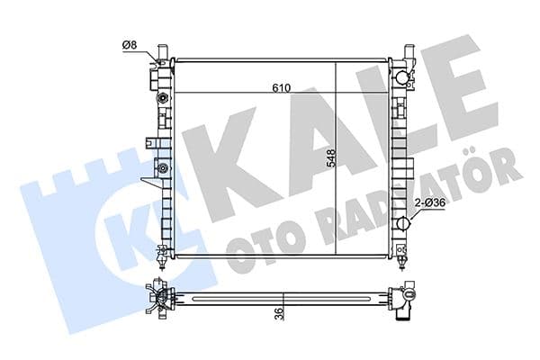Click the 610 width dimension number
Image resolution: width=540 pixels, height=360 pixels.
(x=281, y=87)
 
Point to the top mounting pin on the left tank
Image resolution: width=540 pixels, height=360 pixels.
(x=161, y=49)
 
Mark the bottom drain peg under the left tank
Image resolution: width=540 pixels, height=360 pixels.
(x=161, y=264)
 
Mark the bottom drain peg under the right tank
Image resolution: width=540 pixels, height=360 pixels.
(x=401, y=264)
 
